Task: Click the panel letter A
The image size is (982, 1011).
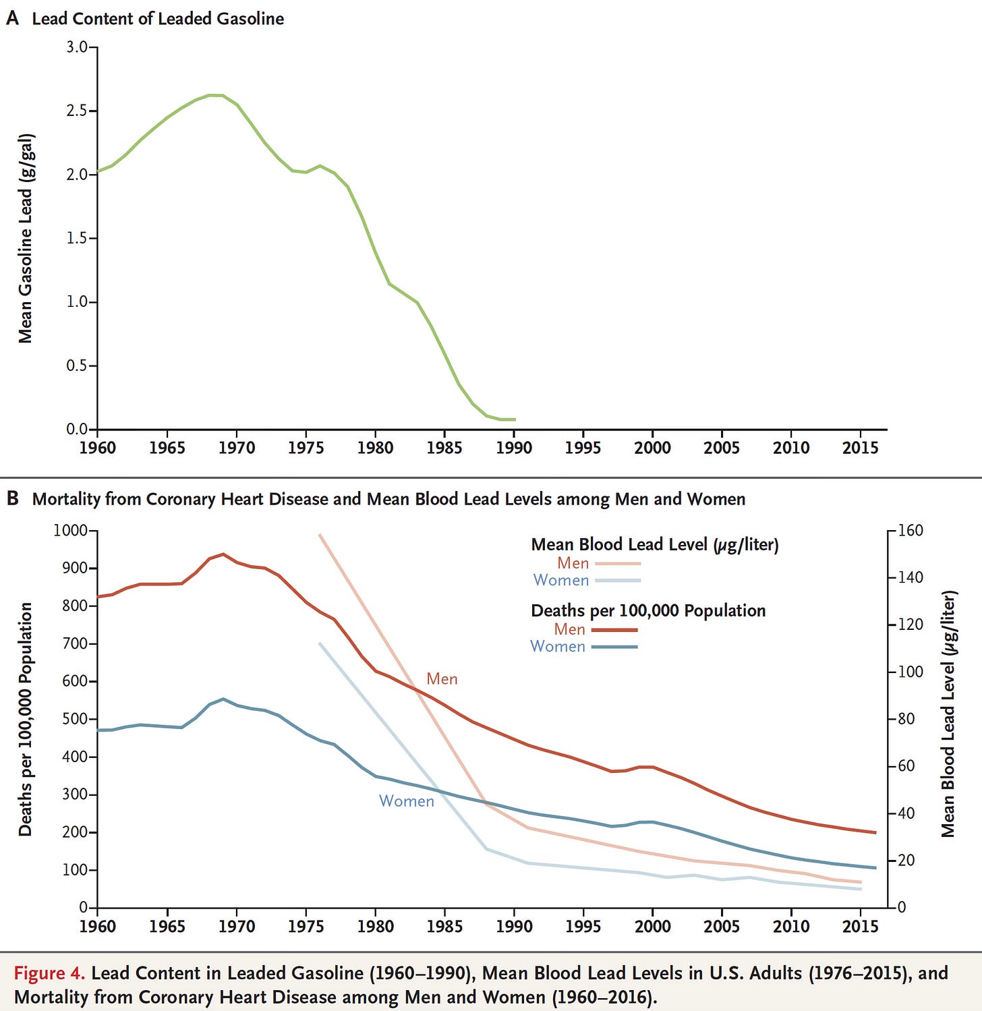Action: click(x=12, y=18)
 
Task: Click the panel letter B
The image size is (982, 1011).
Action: click(x=12, y=498)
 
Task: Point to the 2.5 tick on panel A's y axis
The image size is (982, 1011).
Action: click(x=77, y=111)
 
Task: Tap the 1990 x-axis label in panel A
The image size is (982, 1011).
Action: click(x=514, y=448)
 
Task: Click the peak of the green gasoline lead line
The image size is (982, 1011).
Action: click(x=216, y=95)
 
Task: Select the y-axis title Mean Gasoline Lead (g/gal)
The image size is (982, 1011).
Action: click(x=25, y=238)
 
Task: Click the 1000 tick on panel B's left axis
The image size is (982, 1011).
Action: click(x=70, y=530)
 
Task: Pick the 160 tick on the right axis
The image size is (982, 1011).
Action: click(x=911, y=530)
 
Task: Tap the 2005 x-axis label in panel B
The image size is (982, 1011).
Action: click(x=722, y=926)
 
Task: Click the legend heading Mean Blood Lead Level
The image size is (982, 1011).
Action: click(x=654, y=544)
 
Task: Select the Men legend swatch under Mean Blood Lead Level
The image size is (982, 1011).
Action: click(x=617, y=563)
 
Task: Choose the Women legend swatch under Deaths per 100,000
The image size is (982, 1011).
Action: click(x=614, y=647)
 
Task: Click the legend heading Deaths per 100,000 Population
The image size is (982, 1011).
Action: click(x=648, y=610)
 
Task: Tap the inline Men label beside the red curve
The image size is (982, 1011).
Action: click(x=442, y=679)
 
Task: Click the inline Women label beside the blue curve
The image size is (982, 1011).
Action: click(x=406, y=801)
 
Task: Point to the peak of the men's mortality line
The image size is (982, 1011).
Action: click(x=223, y=554)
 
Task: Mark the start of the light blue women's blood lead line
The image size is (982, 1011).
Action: click(x=320, y=643)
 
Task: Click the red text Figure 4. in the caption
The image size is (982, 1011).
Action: click(x=49, y=973)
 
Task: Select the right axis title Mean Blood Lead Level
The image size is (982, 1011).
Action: click(x=948, y=714)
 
